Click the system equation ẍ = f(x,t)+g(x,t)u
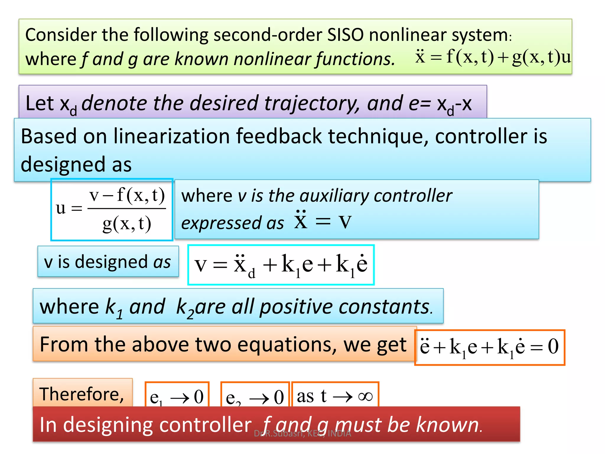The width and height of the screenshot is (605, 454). (x=493, y=57)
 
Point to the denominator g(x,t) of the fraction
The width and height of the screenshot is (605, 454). (x=127, y=224)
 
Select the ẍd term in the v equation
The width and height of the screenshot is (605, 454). (x=243, y=265)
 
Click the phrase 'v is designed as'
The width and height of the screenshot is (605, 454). (x=108, y=262)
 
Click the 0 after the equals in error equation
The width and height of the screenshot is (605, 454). (x=553, y=347)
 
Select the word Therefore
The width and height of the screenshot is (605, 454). (x=82, y=394)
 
